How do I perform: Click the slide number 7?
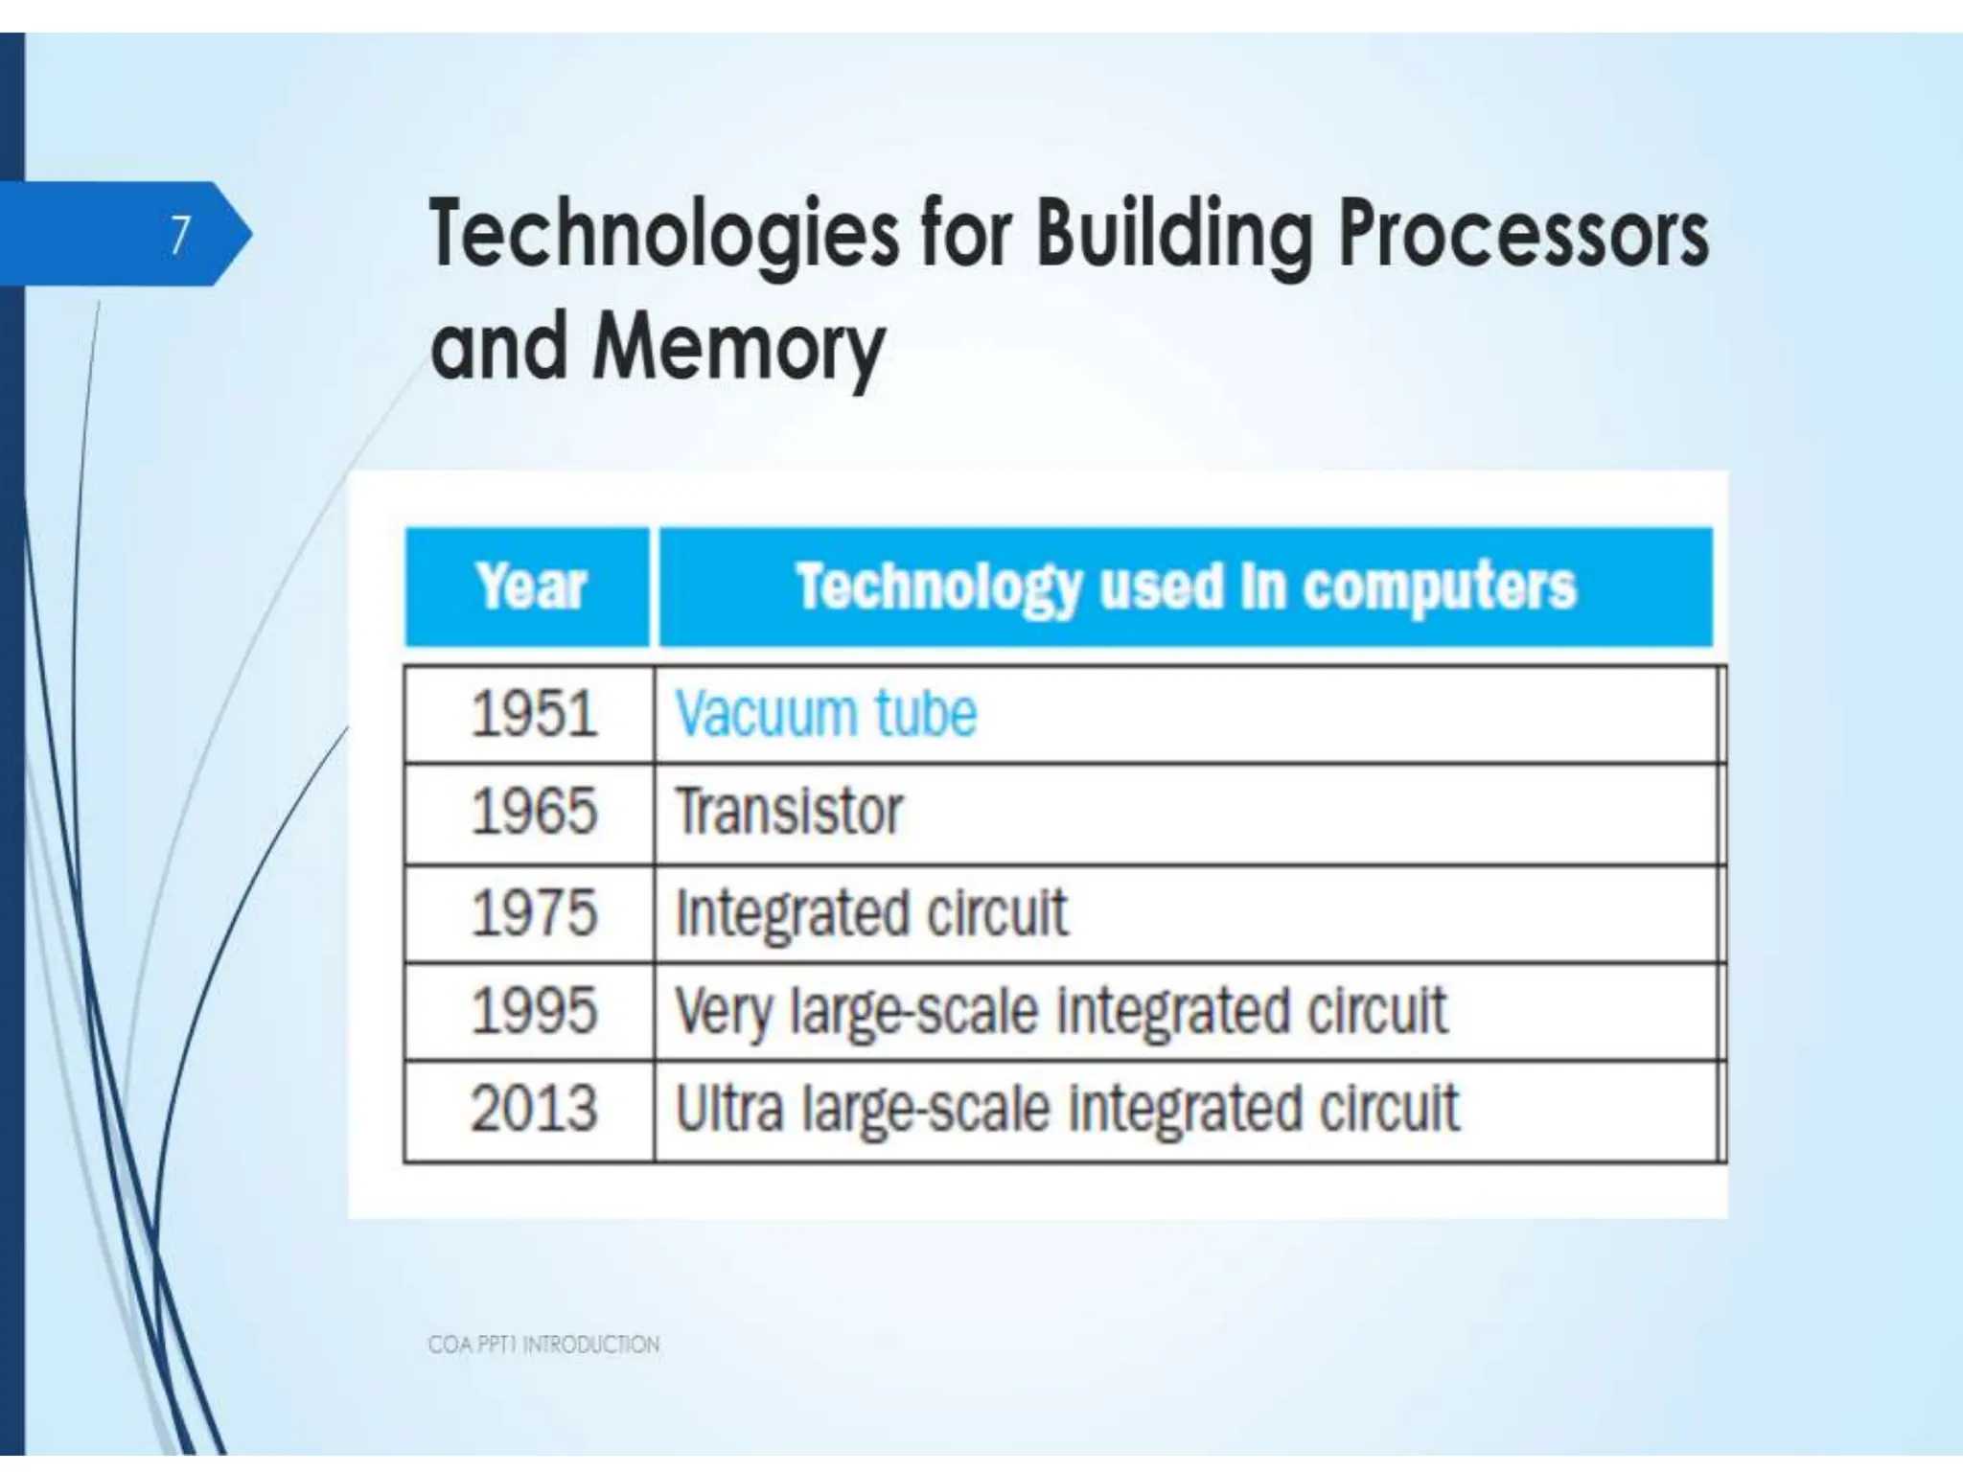(180, 235)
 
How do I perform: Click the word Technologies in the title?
(663, 235)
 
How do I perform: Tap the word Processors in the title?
(1522, 235)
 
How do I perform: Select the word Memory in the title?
(738, 347)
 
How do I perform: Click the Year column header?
(529, 586)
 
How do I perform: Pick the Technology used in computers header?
(1186, 586)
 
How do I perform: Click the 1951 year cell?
(533, 715)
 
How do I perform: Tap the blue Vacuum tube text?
(825, 715)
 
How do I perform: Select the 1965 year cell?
(533, 813)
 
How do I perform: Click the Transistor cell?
(789, 813)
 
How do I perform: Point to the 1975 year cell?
(533, 912)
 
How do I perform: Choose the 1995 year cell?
(533, 1012)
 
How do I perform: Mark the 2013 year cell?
(533, 1110)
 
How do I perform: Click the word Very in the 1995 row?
(723, 1012)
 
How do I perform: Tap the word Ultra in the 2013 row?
(728, 1110)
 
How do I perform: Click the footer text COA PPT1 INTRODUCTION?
(543, 1345)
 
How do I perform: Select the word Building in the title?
(1173, 235)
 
